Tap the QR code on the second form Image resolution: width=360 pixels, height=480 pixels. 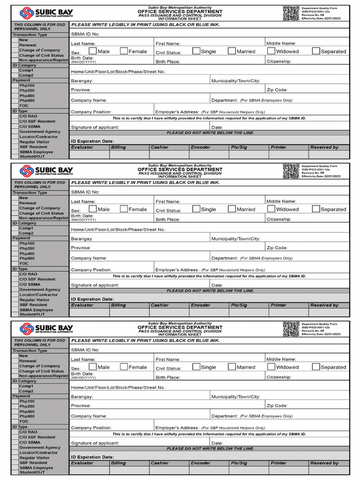291,171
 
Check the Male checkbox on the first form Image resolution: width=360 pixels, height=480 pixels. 93,51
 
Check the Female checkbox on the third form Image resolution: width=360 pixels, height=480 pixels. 124,367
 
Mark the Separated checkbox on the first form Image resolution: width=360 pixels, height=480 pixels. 316,51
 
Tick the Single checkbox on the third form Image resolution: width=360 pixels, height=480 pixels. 196,367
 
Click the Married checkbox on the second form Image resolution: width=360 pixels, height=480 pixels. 232,209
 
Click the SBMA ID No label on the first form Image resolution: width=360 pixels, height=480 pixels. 85,34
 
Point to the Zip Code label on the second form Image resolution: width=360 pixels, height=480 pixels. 277,248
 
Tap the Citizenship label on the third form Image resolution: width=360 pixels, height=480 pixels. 279,377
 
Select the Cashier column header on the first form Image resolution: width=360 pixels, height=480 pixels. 159,147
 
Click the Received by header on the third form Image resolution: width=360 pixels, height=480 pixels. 324,463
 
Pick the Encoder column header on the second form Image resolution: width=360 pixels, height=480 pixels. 200,305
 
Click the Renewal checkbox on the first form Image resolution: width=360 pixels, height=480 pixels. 15,45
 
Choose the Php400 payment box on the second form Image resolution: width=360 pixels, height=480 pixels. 15,254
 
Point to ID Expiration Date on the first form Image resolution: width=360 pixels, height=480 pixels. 92,141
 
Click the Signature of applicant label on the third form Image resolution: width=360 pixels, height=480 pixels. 95,443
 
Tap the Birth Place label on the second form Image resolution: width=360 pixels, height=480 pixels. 168,219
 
